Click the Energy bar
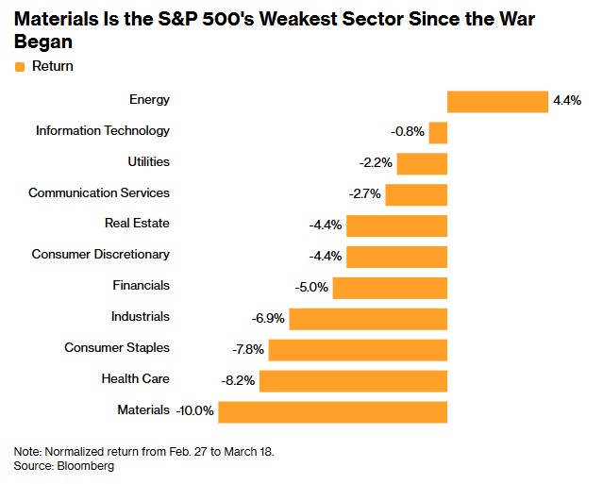pyautogui.click(x=497, y=101)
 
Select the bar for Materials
pyautogui.click(x=332, y=411)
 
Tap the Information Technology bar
pyautogui.click(x=438, y=132)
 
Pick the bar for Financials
pyautogui.click(x=390, y=287)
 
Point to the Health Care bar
pyautogui.click(x=353, y=380)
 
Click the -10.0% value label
pyautogui.click(x=195, y=411)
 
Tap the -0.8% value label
pyautogui.click(x=408, y=132)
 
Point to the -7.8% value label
pyautogui.click(x=247, y=350)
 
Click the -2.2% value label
pyautogui.click(x=376, y=163)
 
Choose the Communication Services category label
pyautogui.click(x=99, y=193)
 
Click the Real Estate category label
pyautogui.click(x=137, y=225)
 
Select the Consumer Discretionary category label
pyautogui.click(x=101, y=255)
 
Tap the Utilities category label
pyautogui.click(x=148, y=162)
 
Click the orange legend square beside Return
pyautogui.click(x=20, y=67)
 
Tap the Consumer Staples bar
pyautogui.click(x=358, y=349)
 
